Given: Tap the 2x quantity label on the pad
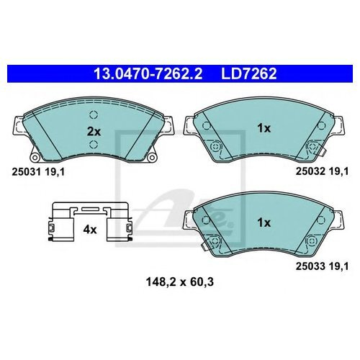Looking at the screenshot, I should tap(93, 131).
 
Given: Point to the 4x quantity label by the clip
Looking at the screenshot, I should tap(89, 231).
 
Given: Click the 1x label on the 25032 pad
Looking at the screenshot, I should tap(264, 128).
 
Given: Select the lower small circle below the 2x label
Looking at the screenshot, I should tap(93, 148).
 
